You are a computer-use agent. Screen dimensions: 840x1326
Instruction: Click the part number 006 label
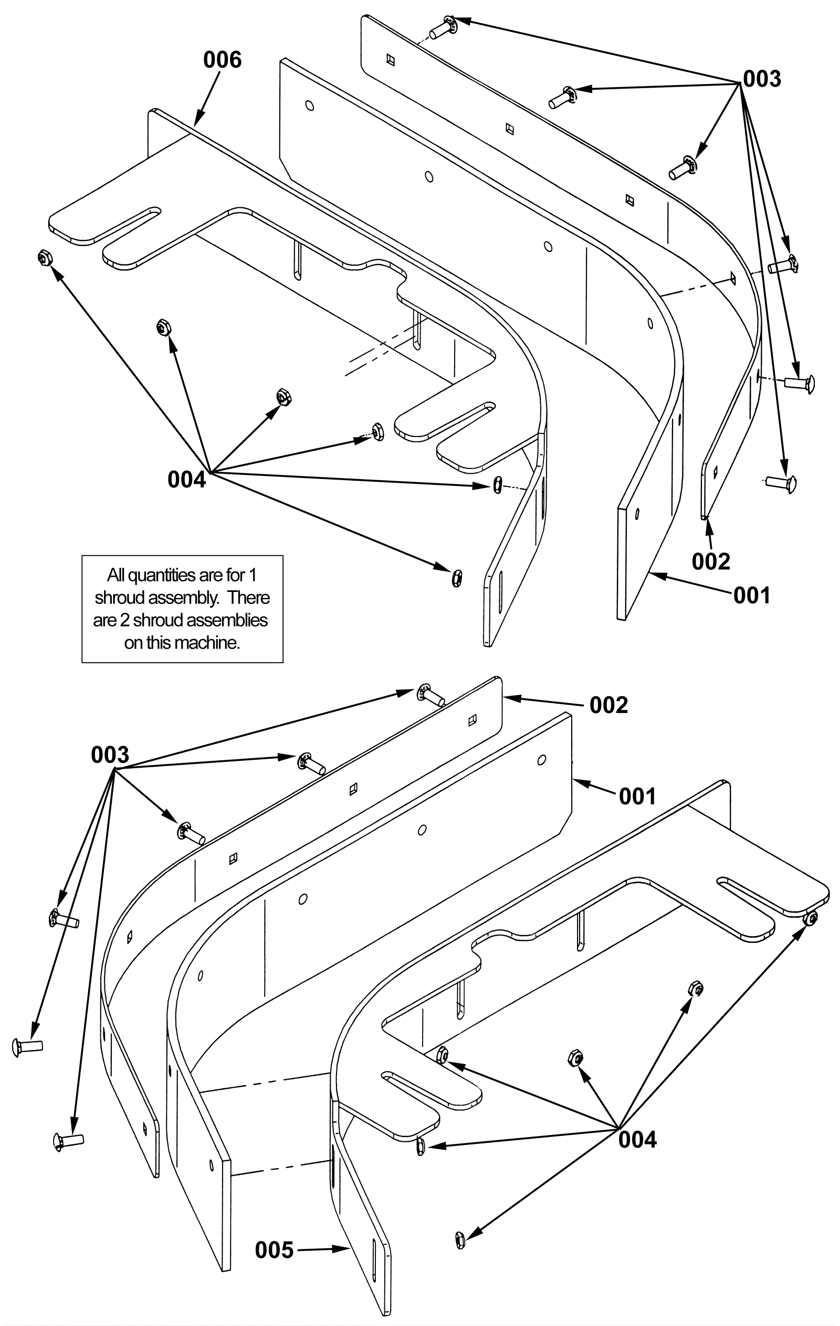click(x=222, y=60)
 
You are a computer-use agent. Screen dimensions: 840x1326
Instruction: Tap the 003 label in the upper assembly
click(x=762, y=79)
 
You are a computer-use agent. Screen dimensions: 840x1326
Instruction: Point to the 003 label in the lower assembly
click(x=110, y=755)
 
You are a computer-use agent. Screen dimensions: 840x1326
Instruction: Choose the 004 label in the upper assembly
click(x=187, y=480)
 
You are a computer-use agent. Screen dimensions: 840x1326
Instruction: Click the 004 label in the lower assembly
click(x=637, y=1139)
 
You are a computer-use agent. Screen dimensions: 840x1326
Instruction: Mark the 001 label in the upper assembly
click(x=752, y=595)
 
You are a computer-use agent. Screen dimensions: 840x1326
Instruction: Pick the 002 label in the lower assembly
click(x=608, y=705)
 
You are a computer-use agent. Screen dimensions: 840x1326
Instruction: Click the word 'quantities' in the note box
click(x=167, y=576)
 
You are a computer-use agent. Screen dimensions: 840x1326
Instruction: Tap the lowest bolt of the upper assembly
click(x=781, y=483)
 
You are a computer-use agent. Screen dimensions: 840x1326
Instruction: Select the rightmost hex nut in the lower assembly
click(x=810, y=918)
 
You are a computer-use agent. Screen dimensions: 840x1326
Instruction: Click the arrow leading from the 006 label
click(x=207, y=97)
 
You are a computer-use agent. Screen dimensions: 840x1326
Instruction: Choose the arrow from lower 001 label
click(x=594, y=787)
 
